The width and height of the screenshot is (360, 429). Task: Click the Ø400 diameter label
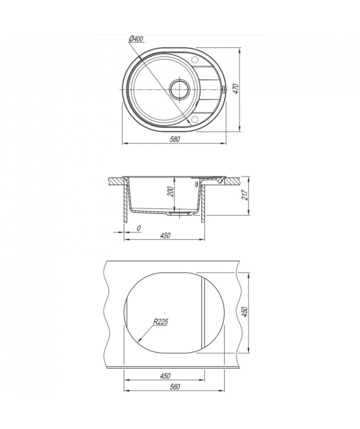click(x=136, y=39)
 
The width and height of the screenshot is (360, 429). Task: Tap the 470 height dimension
click(x=236, y=89)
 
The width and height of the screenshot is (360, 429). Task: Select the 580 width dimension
click(x=174, y=139)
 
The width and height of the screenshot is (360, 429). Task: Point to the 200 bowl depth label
click(x=170, y=191)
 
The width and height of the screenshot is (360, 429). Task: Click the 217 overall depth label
click(x=245, y=195)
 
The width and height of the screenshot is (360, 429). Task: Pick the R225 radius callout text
click(x=160, y=322)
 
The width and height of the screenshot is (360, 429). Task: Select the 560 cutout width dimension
click(x=174, y=387)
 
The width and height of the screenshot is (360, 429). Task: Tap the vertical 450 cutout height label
click(x=245, y=312)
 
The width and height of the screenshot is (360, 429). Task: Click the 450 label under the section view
click(x=165, y=235)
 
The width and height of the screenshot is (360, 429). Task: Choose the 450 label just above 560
click(x=165, y=376)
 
